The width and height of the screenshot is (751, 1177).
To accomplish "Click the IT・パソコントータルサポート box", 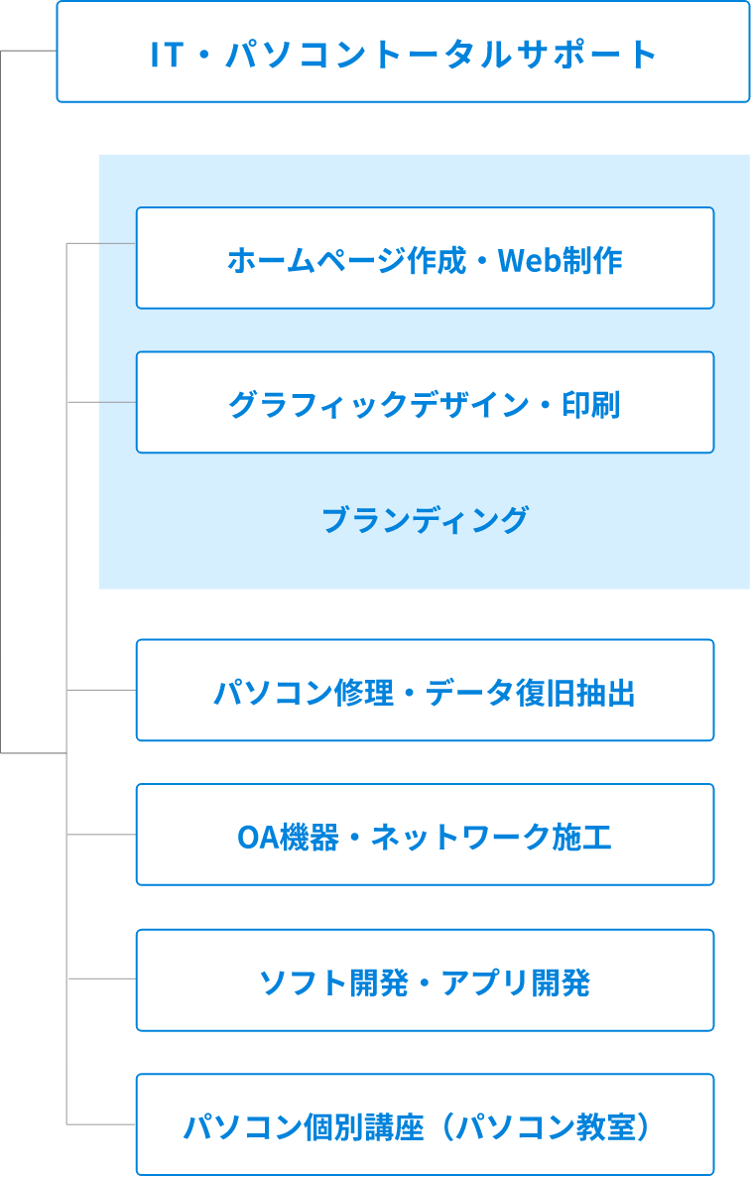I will (x=403, y=52).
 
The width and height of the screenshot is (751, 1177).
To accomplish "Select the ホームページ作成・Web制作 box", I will (x=425, y=258).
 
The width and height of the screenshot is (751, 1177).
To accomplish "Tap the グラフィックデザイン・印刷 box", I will (x=425, y=402).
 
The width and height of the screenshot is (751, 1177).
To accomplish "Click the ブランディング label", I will (x=425, y=519).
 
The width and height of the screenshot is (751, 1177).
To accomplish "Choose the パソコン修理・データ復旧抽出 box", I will (x=425, y=691).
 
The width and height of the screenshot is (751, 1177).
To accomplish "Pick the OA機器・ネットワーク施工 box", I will (x=425, y=835).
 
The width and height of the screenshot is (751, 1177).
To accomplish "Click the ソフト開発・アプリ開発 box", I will (x=425, y=981).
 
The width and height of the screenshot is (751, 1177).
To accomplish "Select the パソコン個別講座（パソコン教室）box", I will (x=425, y=1125).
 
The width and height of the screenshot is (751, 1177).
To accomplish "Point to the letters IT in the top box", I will (x=167, y=55).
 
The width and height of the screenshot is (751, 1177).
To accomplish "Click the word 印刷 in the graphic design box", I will (x=591, y=405).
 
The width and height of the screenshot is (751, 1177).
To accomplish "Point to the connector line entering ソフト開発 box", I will (x=101, y=979).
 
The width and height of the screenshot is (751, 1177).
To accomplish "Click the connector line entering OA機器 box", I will (x=101, y=835).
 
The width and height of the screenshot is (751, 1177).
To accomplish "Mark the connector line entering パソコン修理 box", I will (x=101, y=689).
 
